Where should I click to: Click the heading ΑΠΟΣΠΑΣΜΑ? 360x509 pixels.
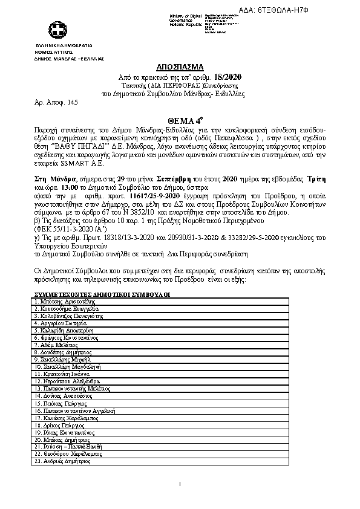[x=182, y=67]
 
